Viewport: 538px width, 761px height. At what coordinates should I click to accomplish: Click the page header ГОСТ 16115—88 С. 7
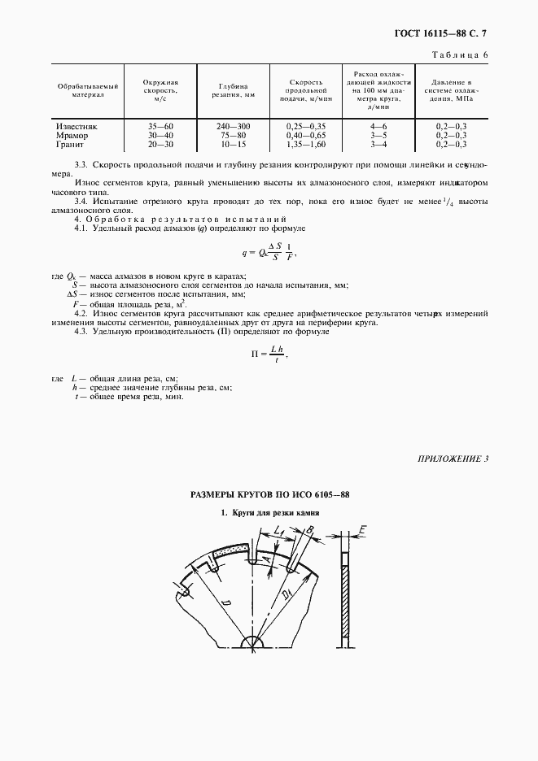click(453, 33)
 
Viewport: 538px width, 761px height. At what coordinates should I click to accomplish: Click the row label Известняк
click(77, 127)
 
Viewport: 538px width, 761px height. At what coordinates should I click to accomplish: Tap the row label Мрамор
click(72, 135)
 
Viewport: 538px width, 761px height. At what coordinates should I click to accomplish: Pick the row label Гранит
click(71, 144)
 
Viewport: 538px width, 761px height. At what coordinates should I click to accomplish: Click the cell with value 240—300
click(233, 127)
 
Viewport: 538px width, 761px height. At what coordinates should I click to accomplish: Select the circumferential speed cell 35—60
click(160, 127)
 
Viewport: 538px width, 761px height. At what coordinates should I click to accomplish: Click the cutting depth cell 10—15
click(233, 144)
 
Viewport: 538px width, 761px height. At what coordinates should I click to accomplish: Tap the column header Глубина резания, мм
click(233, 89)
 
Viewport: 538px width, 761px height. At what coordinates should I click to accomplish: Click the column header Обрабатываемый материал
click(88, 89)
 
